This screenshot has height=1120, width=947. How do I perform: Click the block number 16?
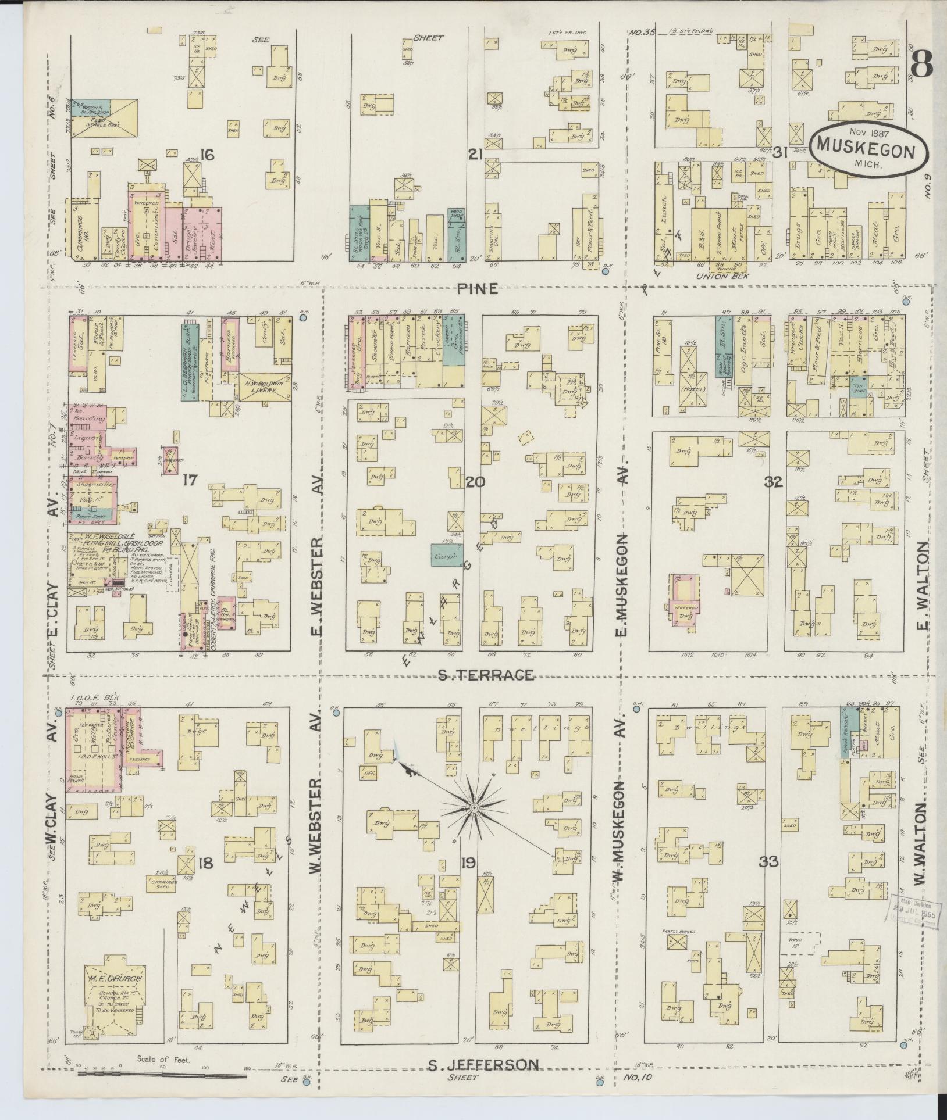pyautogui.click(x=207, y=154)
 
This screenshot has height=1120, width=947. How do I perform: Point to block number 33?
pyautogui.click(x=769, y=861)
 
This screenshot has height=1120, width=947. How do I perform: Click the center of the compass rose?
pyautogui.click(x=474, y=808)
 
